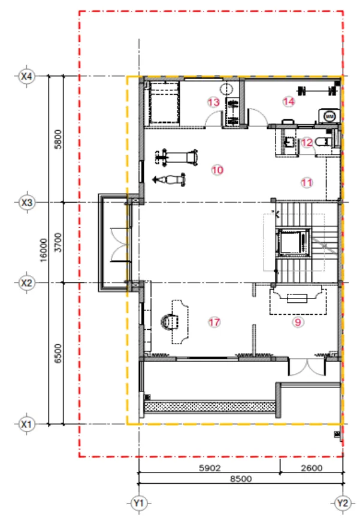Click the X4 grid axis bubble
[x=27, y=76]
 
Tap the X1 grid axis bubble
[x=27, y=424]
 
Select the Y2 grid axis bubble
[x=343, y=503]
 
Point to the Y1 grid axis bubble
[x=139, y=503]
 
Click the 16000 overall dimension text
[x=44, y=250]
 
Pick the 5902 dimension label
[x=210, y=468]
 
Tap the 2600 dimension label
[x=312, y=468]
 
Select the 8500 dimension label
[x=241, y=478]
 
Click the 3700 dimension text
[x=58, y=242]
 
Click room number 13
[x=213, y=102]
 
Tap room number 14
[x=289, y=101]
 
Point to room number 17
[x=214, y=322]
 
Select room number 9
[x=298, y=322]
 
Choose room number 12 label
[x=307, y=143]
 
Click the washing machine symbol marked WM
[x=329, y=116]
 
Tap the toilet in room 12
[x=323, y=141]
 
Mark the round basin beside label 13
[x=226, y=89]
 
